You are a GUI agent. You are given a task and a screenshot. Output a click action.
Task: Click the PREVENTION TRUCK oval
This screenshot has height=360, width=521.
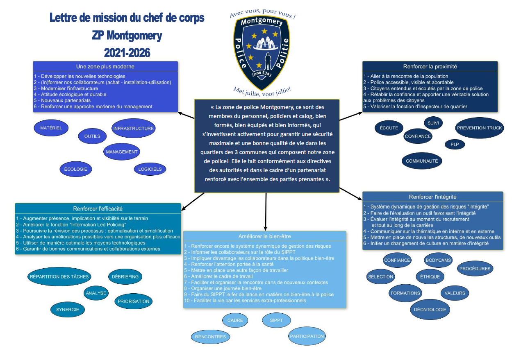tap(479, 128)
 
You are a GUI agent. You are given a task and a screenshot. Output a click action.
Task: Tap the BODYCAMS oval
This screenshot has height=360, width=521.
tap(438, 260)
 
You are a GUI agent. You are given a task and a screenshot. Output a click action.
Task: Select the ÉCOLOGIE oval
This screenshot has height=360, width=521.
tap(76, 169)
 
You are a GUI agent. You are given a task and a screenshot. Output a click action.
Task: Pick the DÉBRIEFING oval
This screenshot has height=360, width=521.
tap(125, 276)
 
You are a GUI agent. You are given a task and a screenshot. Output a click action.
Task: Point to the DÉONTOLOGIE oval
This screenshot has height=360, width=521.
tap(430, 310)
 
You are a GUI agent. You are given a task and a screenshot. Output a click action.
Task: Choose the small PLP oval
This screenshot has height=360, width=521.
tap(455, 144)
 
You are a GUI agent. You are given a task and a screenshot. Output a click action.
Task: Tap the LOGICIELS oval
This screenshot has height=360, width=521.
tap(150, 169)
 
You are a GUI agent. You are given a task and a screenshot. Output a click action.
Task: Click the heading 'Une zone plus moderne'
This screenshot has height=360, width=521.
tap(105, 66)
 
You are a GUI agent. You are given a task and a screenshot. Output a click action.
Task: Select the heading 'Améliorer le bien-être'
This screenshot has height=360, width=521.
tap(264, 236)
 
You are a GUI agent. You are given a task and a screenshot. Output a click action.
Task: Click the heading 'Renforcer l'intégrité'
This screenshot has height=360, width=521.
tap(432, 197)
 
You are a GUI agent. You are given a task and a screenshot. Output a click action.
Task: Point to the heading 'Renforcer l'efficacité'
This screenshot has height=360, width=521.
tap(98, 208)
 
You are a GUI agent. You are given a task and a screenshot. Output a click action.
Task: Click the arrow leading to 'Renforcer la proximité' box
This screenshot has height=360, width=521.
tap(350, 115)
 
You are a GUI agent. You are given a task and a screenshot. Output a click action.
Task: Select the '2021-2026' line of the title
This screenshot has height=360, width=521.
tap(127, 52)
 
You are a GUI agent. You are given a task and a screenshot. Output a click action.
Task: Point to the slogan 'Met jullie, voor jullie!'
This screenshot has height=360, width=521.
tap(262, 90)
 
